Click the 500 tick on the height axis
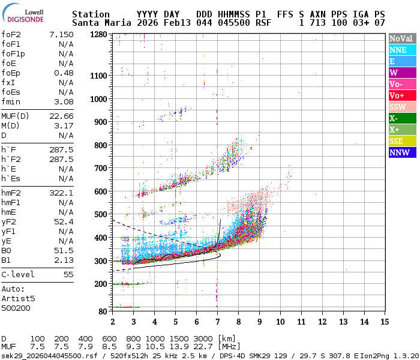click(100, 214)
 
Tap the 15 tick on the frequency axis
click(385, 322)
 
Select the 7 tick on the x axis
click(217, 322)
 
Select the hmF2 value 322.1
click(61, 193)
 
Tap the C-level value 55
click(68, 274)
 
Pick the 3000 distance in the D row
click(205, 338)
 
